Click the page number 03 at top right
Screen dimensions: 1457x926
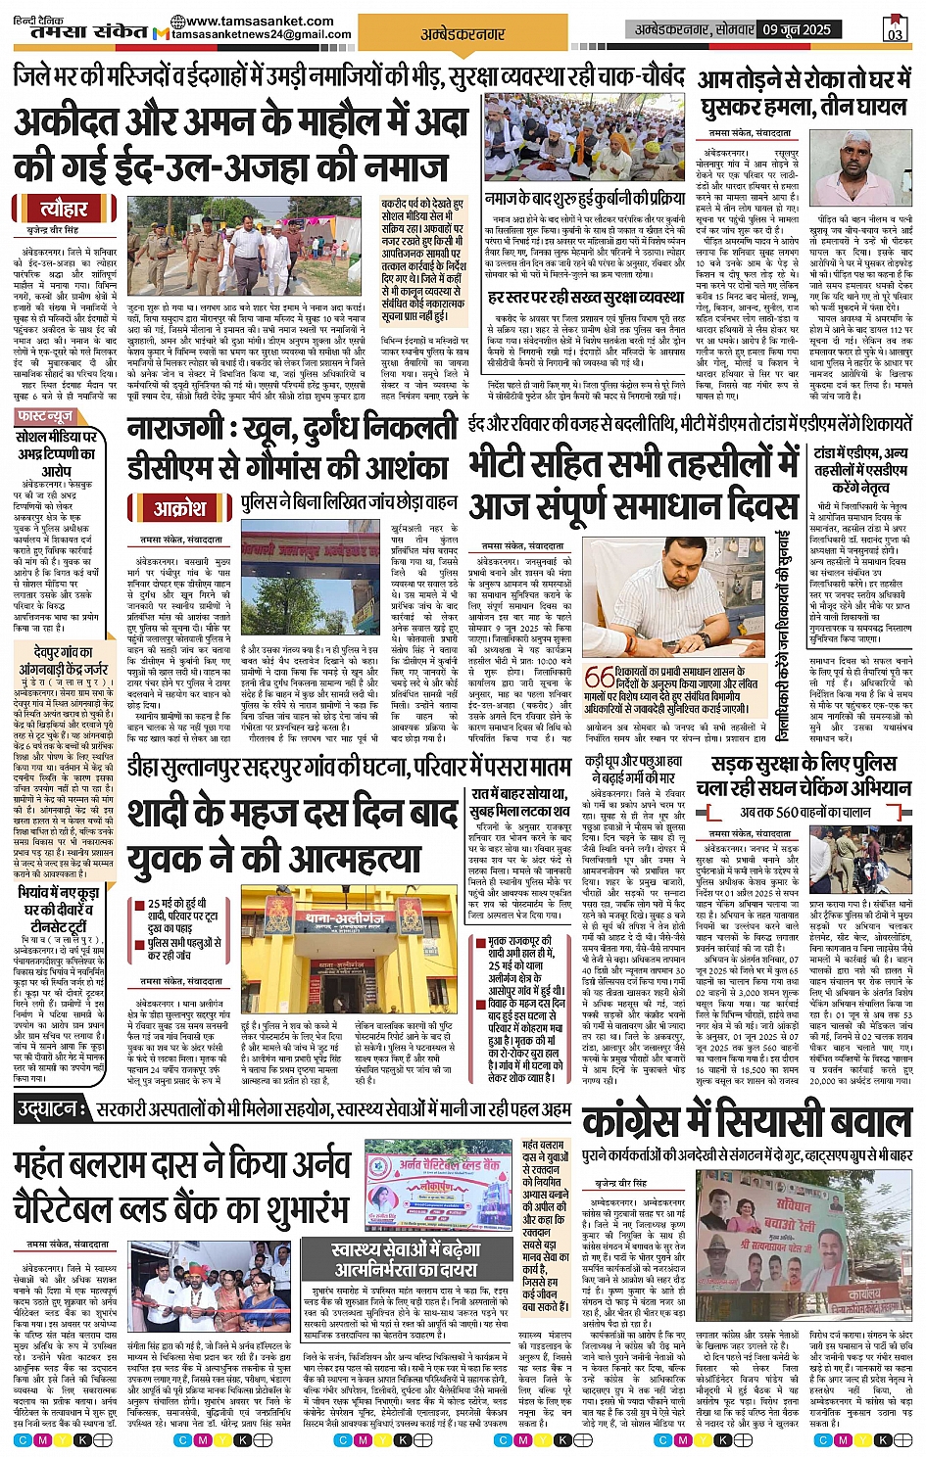coord(895,30)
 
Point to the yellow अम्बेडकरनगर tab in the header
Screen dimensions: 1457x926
coord(463,33)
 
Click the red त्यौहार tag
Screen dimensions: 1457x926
coord(64,209)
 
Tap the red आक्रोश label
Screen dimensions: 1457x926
coord(180,508)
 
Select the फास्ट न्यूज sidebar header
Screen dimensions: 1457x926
coord(46,416)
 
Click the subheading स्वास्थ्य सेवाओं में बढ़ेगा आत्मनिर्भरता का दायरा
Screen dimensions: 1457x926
coord(407,1259)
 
